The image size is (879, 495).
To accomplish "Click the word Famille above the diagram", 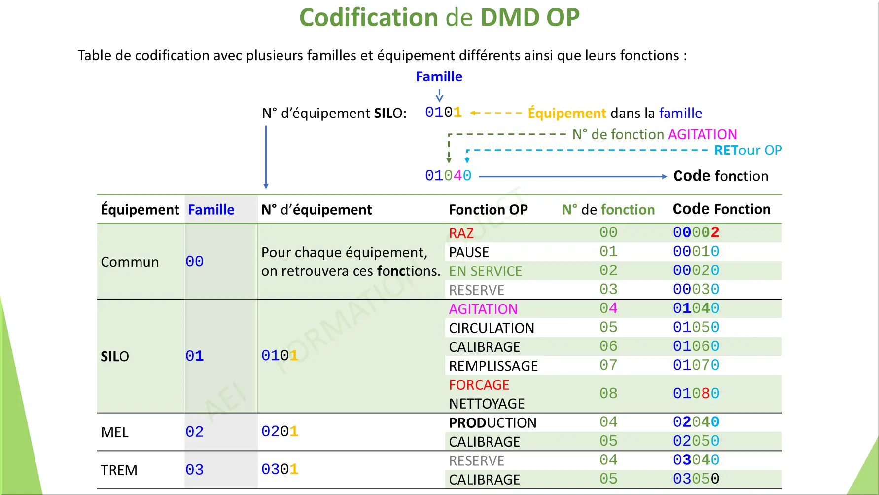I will (x=439, y=76).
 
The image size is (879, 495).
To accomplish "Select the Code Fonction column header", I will (x=721, y=209).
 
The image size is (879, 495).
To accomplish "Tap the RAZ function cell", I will (x=461, y=233).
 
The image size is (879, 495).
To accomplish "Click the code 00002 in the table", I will (x=696, y=232).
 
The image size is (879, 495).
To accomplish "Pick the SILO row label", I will (x=115, y=356).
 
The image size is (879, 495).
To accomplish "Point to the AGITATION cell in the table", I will (x=483, y=309).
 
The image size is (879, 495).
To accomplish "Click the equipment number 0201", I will (x=280, y=431).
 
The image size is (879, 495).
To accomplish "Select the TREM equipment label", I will (x=119, y=470).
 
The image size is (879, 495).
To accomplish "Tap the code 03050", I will (x=696, y=479).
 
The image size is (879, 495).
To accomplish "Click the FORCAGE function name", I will (x=479, y=385).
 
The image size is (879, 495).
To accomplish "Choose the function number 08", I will (x=608, y=393).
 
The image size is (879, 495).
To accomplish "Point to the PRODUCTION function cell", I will (x=492, y=423).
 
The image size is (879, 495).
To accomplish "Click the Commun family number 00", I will (x=194, y=261).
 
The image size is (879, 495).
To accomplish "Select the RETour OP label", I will (x=748, y=150).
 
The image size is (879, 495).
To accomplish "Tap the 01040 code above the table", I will (x=448, y=176).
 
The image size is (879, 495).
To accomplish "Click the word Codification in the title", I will (x=369, y=18).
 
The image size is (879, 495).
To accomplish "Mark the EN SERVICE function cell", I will (x=485, y=271).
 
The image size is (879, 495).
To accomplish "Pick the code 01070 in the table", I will (x=696, y=365).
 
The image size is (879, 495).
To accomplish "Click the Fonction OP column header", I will (x=488, y=210).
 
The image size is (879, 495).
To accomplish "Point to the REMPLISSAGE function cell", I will (x=493, y=366).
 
